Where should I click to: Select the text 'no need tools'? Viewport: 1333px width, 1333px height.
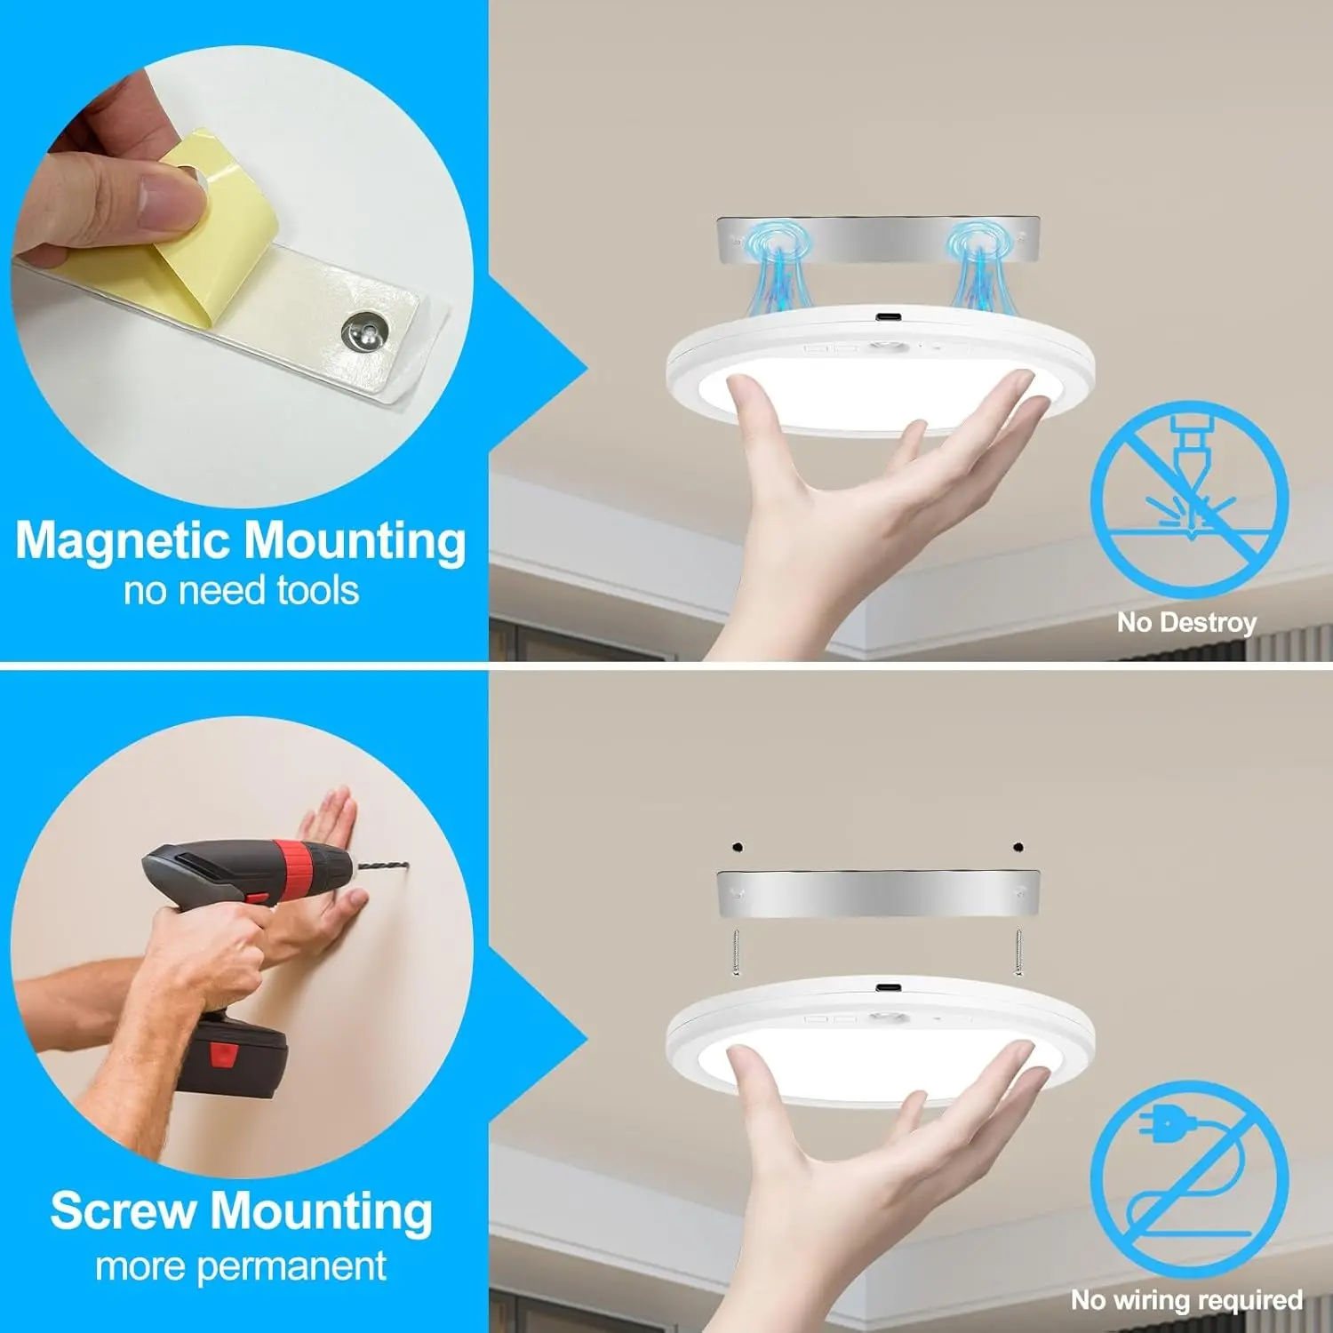tap(241, 591)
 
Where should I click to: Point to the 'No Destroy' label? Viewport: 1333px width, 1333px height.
tap(1187, 623)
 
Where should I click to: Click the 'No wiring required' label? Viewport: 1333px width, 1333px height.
tap(1187, 1300)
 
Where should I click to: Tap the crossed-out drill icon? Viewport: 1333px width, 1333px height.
tap(1189, 499)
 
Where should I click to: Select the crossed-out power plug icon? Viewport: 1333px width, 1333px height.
tap(1189, 1178)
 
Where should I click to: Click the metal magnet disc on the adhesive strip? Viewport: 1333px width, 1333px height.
tap(365, 331)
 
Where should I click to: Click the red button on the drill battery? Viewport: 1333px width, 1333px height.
tap(223, 1055)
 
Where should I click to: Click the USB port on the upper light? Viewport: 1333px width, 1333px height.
tap(886, 317)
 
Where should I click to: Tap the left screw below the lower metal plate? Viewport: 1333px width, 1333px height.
tap(736, 952)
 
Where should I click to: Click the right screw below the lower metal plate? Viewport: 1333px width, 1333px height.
tap(1018, 952)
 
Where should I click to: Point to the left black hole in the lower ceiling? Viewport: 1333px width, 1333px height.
tap(737, 847)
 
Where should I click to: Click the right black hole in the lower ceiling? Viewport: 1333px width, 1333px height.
tap(1018, 847)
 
